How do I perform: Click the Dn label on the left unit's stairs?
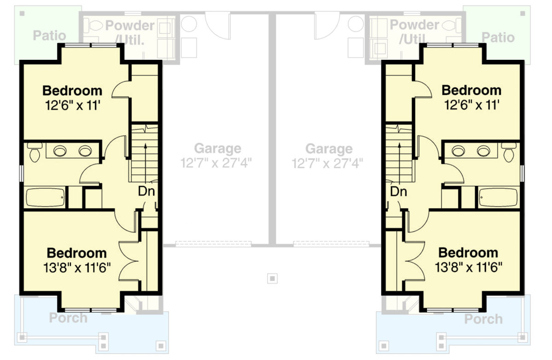click(146, 191)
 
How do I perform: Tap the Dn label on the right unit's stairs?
click(398, 191)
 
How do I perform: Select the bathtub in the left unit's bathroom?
click(45, 198)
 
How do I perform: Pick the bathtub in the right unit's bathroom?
click(499, 198)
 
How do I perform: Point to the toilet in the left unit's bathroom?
click(34, 152)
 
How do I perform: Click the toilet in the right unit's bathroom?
click(510, 152)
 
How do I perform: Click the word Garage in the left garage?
click(217, 149)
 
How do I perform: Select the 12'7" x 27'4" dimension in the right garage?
click(328, 163)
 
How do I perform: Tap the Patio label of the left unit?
click(50, 35)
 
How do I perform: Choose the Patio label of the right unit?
click(498, 37)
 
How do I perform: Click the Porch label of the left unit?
click(68, 318)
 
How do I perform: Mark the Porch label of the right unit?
click(483, 319)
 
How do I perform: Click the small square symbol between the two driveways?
click(273, 278)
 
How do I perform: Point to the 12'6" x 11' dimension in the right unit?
click(471, 105)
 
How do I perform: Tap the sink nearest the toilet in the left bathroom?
click(60, 151)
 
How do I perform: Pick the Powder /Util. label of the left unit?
click(129, 32)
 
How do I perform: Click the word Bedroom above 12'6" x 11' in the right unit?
click(471, 90)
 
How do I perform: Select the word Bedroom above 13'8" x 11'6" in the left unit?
click(77, 253)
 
